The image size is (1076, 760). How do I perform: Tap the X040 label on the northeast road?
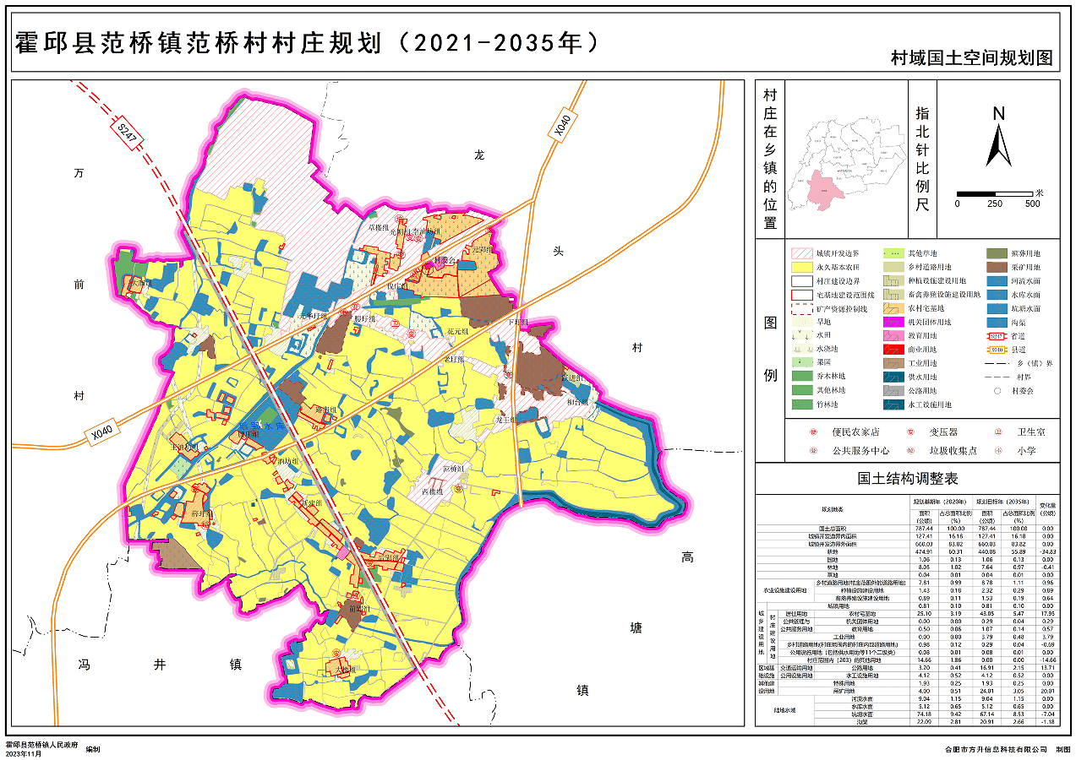(560, 126)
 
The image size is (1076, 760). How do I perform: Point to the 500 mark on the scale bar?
(1032, 204)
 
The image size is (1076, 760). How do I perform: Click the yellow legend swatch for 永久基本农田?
(800, 267)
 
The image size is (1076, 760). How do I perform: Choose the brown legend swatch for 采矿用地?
(997, 267)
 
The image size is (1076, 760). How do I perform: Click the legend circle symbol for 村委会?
(997, 390)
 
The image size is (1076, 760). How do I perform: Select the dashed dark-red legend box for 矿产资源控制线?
(800, 307)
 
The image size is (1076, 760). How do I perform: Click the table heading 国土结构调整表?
(908, 478)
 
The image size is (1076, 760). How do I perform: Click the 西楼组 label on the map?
(432, 491)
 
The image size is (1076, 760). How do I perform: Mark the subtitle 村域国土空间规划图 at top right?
(971, 58)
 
